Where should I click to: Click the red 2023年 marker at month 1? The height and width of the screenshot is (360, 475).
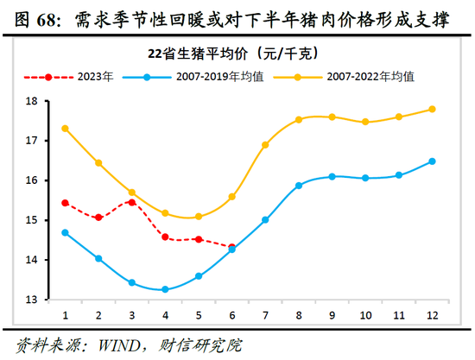tap(65, 203)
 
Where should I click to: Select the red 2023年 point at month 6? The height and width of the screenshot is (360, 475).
tap(231, 247)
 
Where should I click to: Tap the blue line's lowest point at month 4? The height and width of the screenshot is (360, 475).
tap(165, 289)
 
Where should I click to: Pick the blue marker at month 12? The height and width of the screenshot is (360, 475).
tap(432, 161)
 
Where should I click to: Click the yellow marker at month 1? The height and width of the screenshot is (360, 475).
tap(65, 129)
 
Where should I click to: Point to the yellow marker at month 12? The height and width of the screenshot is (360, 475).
tap(432, 109)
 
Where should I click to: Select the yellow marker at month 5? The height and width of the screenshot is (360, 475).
tap(199, 217)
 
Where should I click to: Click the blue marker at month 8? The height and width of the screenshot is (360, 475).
tap(299, 186)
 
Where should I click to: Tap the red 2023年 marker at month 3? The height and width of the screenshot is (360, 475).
tap(131, 202)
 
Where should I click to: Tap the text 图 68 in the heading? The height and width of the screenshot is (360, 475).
tap(31, 17)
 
